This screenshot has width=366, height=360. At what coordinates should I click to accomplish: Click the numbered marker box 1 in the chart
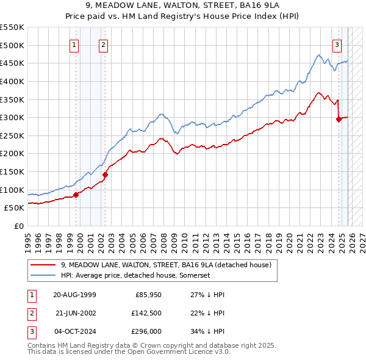[x=74, y=45]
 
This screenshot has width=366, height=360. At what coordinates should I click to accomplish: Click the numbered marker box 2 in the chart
[x=103, y=45]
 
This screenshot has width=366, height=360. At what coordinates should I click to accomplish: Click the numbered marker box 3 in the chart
[x=336, y=45]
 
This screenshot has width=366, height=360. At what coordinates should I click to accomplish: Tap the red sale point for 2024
[x=339, y=120]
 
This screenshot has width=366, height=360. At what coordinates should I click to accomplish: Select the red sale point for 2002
[x=105, y=175]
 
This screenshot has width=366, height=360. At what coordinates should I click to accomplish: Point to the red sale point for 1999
[x=76, y=195]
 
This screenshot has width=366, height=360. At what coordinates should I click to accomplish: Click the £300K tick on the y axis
[x=12, y=117]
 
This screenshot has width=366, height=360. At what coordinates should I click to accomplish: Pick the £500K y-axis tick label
[x=12, y=45]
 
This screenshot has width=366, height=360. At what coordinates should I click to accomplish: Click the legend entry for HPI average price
[x=135, y=276]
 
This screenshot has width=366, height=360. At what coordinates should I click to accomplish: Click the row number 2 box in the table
[x=31, y=314]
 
